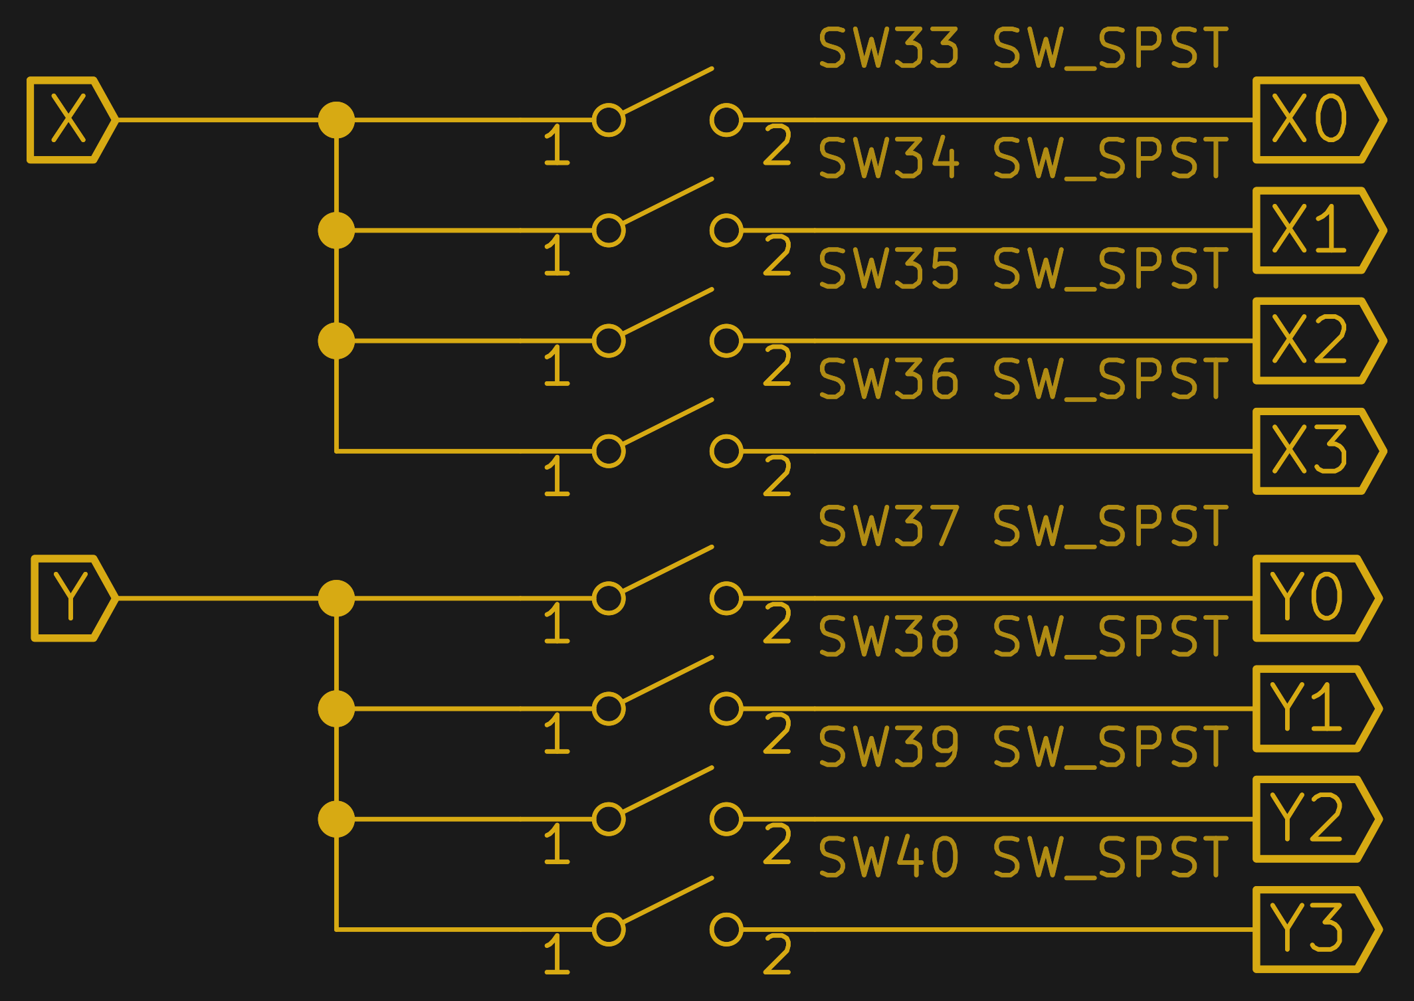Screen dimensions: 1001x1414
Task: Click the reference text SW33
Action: [889, 48]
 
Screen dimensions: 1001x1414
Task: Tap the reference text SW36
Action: [889, 379]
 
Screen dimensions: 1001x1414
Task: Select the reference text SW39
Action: [889, 747]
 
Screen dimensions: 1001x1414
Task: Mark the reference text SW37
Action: [889, 526]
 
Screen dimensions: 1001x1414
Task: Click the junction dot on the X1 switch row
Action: [336, 230]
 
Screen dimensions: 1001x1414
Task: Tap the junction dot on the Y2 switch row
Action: [336, 819]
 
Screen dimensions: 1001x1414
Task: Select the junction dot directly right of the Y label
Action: [336, 598]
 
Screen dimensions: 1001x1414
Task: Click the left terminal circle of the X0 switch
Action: [609, 120]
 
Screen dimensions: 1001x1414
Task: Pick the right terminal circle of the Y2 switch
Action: [726, 819]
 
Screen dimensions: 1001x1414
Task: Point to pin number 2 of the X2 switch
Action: [777, 366]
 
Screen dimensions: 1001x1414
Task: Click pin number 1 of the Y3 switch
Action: [557, 955]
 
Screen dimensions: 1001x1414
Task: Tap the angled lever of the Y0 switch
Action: [668, 569]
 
